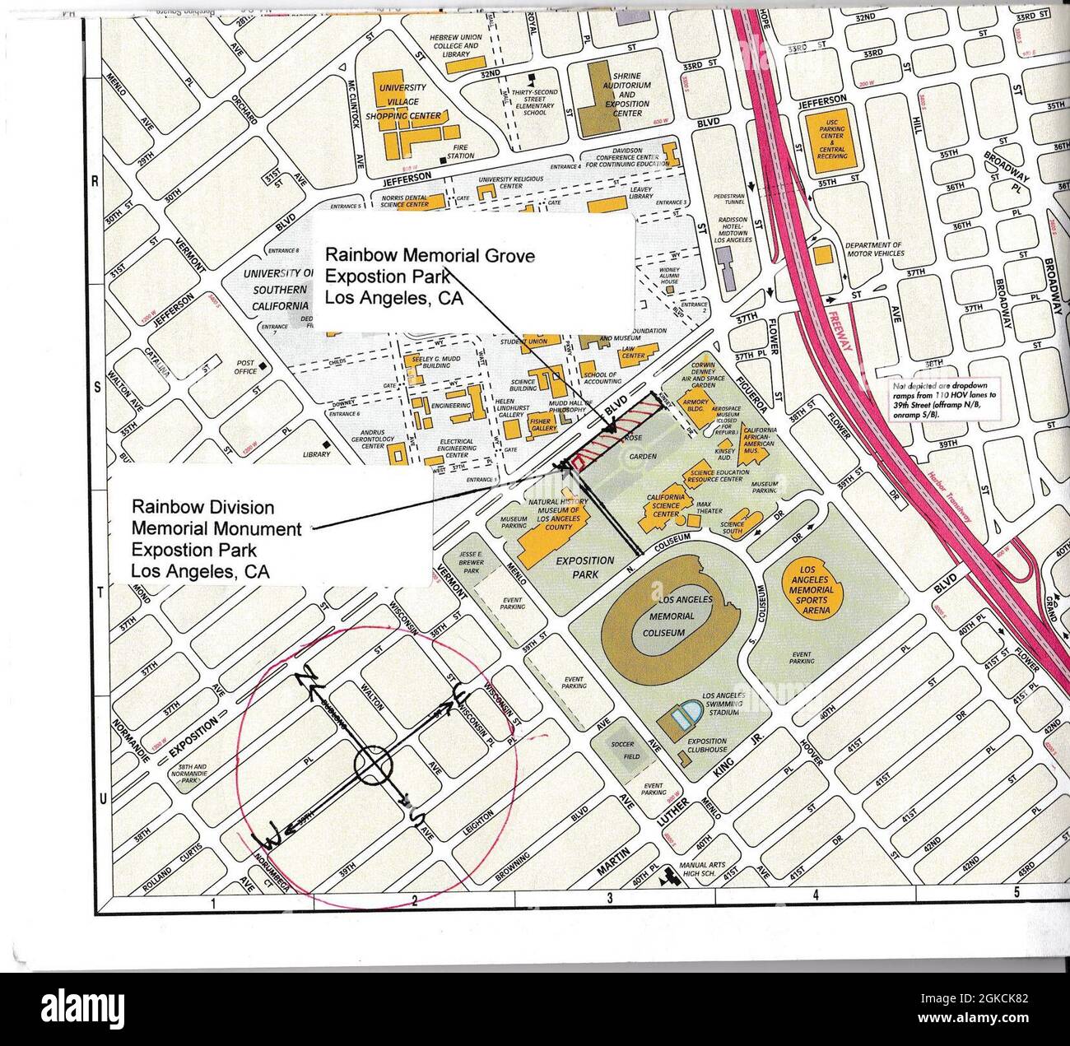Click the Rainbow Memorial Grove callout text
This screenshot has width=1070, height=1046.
click(x=430, y=277)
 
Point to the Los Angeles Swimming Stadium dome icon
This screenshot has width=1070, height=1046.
click(x=684, y=715)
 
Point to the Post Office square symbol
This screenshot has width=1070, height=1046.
click(x=262, y=365)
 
